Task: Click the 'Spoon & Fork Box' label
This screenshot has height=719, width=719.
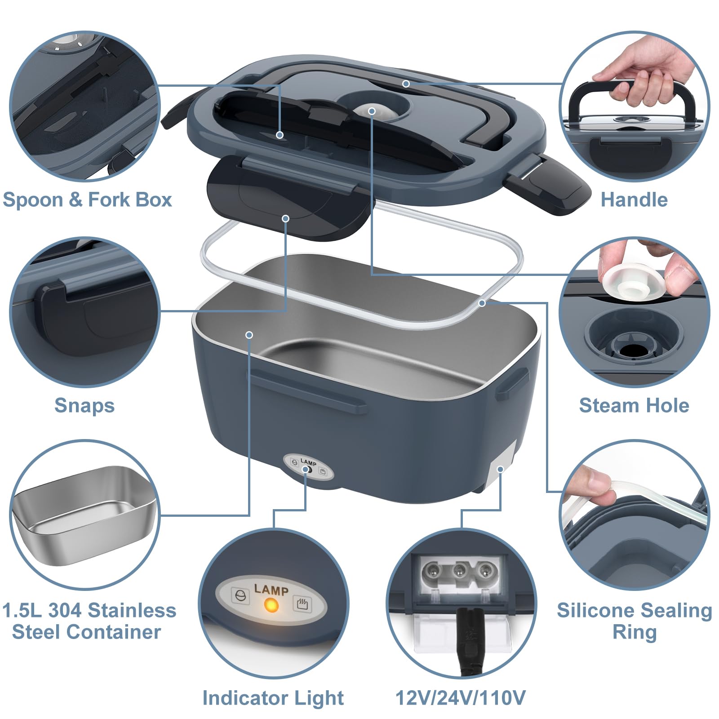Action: [x=87, y=200]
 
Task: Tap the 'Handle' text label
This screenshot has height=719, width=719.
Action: [x=634, y=200]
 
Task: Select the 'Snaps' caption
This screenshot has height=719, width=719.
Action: [x=84, y=405]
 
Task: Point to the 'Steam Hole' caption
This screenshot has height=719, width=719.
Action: [x=634, y=405]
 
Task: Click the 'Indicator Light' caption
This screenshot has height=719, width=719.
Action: [x=273, y=698]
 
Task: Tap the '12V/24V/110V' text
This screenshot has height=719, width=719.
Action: [x=460, y=698]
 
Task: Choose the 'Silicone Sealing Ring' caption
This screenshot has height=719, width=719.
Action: [x=634, y=621]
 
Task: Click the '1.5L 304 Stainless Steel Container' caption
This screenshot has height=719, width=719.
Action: [x=89, y=621]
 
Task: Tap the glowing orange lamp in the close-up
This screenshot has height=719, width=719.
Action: [x=271, y=605]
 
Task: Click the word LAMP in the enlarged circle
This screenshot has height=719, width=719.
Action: [x=271, y=589]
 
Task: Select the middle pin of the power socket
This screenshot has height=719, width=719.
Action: [x=459, y=572]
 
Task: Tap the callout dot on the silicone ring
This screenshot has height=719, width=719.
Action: [x=482, y=303]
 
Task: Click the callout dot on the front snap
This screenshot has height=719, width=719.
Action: [x=285, y=218]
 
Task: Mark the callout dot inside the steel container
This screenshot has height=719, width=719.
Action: [x=249, y=335]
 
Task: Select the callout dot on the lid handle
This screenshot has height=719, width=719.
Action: [x=406, y=84]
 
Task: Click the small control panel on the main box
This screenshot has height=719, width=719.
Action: [x=308, y=467]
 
